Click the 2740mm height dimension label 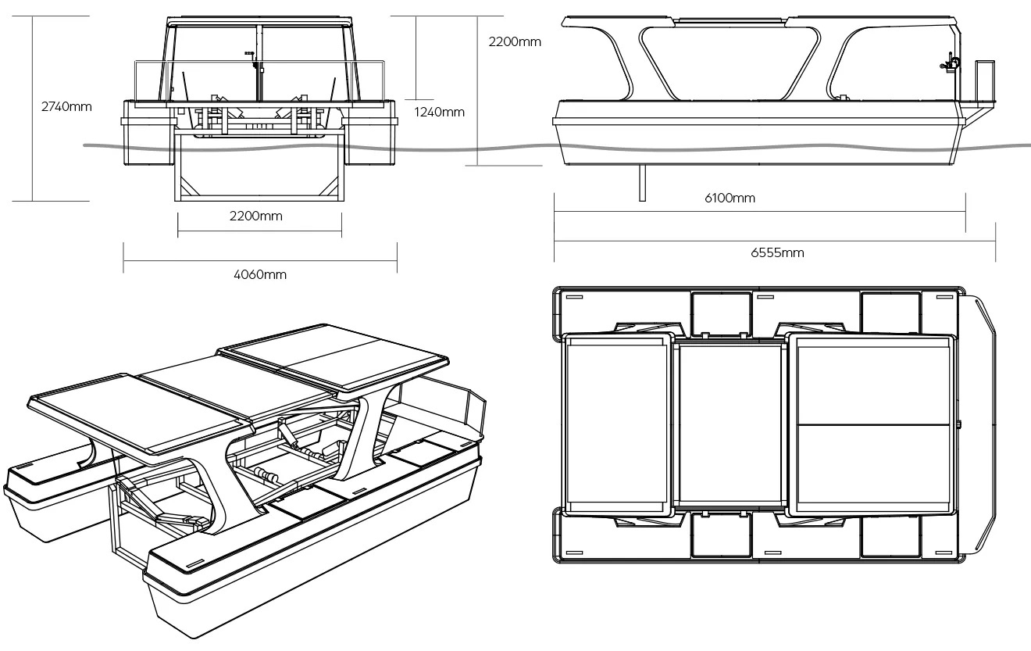66,106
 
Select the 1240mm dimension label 439,112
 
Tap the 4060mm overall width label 260,274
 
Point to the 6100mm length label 730,198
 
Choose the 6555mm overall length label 777,252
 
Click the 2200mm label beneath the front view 256,216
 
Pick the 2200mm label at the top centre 515,42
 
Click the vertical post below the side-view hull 642,183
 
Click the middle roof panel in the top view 730,423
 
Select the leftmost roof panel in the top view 617,423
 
